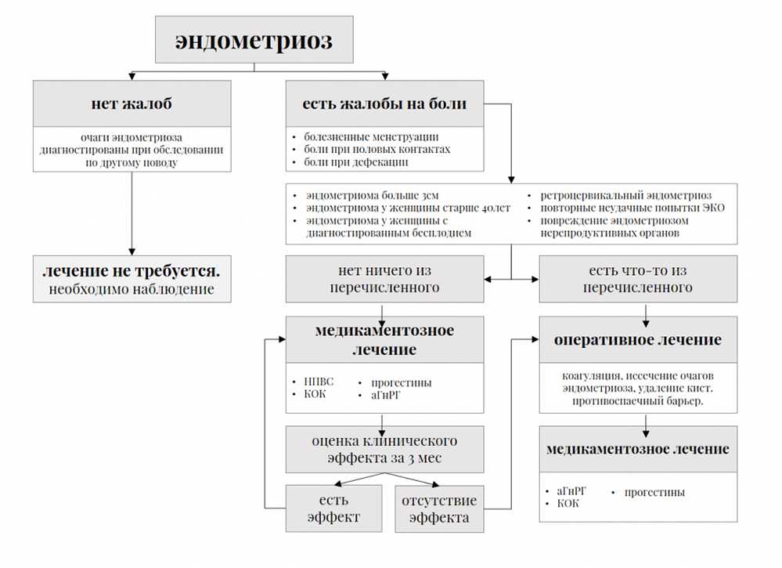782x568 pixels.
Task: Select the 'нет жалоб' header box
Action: [x=132, y=103]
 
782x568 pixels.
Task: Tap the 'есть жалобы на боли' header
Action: [x=384, y=103]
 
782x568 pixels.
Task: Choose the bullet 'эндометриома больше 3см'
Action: [x=366, y=195]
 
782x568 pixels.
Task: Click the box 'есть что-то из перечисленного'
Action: [x=637, y=279]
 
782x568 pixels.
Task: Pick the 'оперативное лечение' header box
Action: [x=637, y=340]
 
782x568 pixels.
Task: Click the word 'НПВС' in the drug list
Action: [x=319, y=382]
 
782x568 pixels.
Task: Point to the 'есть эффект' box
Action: [x=333, y=508]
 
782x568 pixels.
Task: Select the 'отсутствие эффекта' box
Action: [x=438, y=508]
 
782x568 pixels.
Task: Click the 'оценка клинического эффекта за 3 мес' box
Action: [x=384, y=449]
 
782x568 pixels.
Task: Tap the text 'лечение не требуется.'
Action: [x=132, y=271]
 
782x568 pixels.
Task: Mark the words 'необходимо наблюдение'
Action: [x=132, y=290]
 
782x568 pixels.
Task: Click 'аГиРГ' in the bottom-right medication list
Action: [x=571, y=491]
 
